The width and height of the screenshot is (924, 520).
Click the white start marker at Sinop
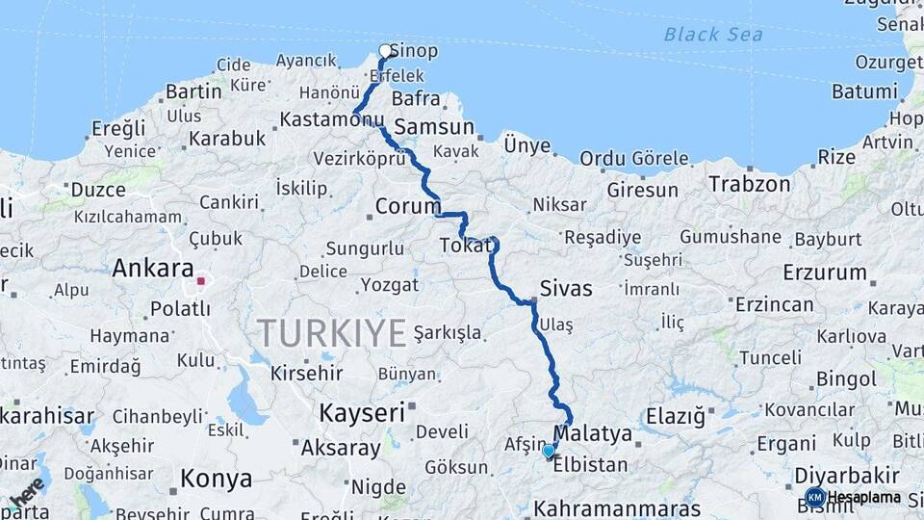386,51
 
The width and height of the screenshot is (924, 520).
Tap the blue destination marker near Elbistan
549,451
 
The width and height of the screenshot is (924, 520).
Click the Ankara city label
153,269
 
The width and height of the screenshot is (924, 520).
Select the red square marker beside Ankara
201,282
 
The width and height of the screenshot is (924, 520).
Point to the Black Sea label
713,35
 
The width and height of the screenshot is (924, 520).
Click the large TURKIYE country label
331,334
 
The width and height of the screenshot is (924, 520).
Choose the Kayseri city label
361,413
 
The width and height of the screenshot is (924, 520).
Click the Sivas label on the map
566,288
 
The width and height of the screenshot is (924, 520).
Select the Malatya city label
593,434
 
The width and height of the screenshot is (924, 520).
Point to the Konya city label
217,479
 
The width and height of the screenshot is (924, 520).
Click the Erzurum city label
825,273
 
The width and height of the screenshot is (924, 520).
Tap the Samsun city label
434,127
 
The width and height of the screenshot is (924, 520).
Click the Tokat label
466,247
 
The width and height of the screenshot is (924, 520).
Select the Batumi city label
864,92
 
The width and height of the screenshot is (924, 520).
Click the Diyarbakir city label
848,476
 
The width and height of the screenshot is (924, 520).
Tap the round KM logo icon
815,498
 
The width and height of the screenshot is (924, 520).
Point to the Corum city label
407,206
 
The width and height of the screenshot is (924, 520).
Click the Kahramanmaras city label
617,508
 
